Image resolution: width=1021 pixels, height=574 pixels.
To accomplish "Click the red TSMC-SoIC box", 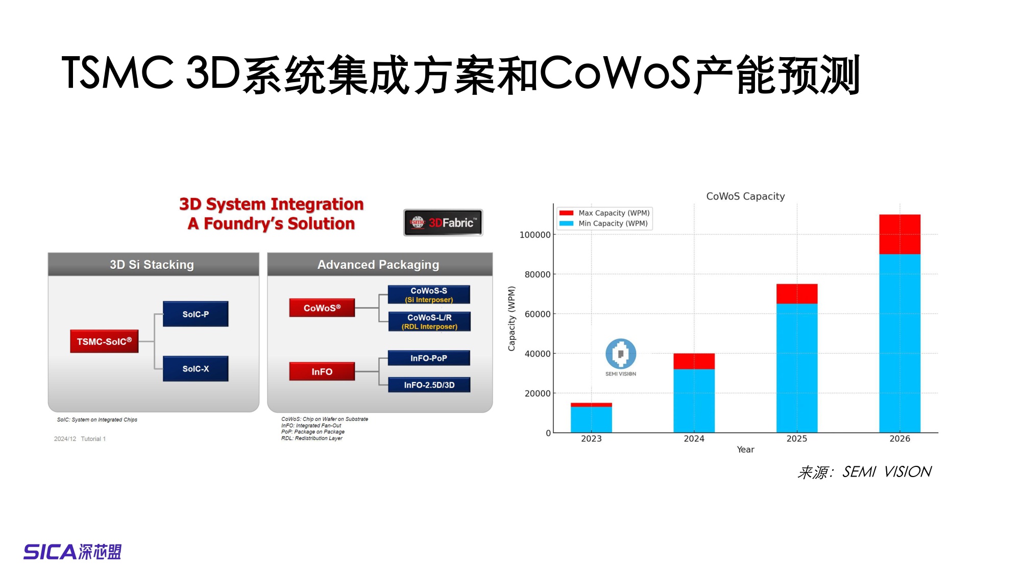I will pos(104,341).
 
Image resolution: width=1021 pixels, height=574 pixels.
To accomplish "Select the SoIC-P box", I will pos(196,314).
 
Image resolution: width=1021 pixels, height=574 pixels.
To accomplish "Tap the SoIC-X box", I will pos(196,368).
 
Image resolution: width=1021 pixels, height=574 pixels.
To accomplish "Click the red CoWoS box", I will pos(322,308).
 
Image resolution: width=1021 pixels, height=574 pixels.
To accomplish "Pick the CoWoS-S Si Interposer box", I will pos(429,295).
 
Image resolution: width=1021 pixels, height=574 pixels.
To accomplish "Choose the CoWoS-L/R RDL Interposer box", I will pos(429,321).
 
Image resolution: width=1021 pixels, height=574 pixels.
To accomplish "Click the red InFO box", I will pos(322,371).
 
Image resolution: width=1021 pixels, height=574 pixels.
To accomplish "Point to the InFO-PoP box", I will pos(429,358).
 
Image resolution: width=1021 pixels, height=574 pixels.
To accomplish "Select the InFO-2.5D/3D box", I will pos(429,385).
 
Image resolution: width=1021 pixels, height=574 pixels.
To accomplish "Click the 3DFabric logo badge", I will pos(443,222).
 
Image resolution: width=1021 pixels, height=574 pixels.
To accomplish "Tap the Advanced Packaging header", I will pos(378,264).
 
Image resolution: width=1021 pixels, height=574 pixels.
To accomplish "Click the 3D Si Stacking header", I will pos(152,264).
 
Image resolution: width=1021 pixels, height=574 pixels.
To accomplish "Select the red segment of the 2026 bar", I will pos(900,234).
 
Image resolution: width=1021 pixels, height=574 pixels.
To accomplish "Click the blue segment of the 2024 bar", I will pos(694,401).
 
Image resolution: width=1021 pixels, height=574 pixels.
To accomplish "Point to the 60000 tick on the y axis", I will pos(537,314).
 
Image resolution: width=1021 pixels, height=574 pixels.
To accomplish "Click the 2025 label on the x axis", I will pos(796,439).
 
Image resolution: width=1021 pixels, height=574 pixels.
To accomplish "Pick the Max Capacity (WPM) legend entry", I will pos(605,213).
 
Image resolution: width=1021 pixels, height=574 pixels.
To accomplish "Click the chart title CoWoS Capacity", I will pos(745,196).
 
